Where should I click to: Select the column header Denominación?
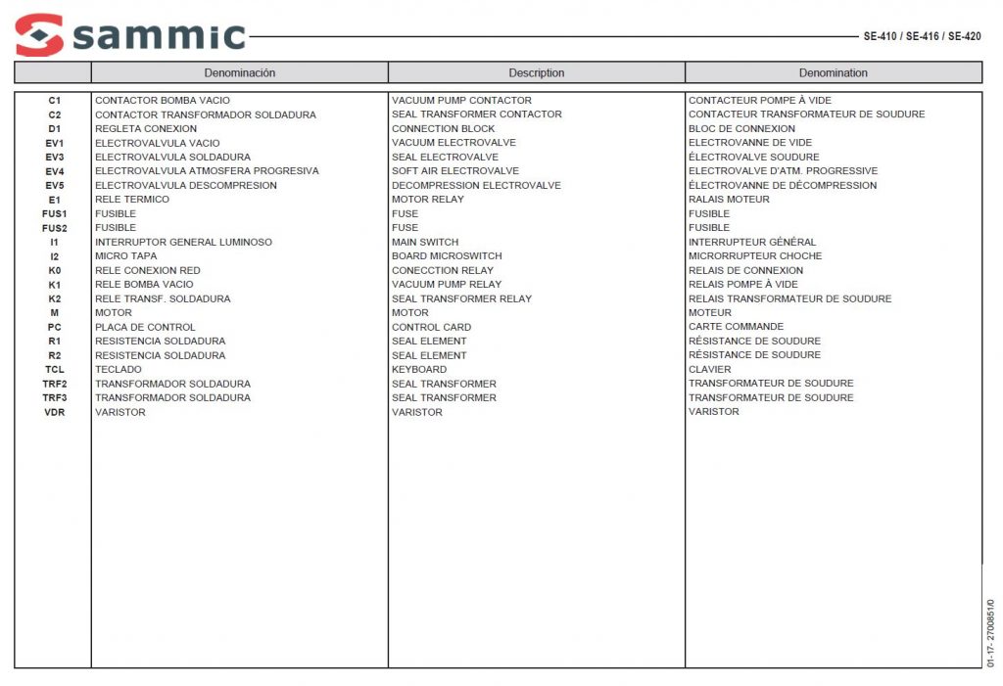[240, 72]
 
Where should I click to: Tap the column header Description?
[536, 72]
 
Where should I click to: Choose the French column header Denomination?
[833, 72]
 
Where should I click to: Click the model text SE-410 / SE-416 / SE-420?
[922, 36]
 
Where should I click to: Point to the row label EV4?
[54, 171]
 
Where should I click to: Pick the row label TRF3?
[54, 398]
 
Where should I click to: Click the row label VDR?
[54, 412]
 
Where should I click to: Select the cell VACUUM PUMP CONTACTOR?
[461, 100]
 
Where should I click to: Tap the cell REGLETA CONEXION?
[146, 128]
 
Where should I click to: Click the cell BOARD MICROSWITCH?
[447, 256]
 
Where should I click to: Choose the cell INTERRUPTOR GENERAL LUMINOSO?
[183, 242]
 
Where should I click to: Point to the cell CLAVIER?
[709, 370]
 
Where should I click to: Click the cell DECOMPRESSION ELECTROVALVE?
[476, 185]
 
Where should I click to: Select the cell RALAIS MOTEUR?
[729, 200]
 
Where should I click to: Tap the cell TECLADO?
[118, 370]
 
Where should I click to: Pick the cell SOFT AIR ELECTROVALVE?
[455, 171]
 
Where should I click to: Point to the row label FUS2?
[54, 228]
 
